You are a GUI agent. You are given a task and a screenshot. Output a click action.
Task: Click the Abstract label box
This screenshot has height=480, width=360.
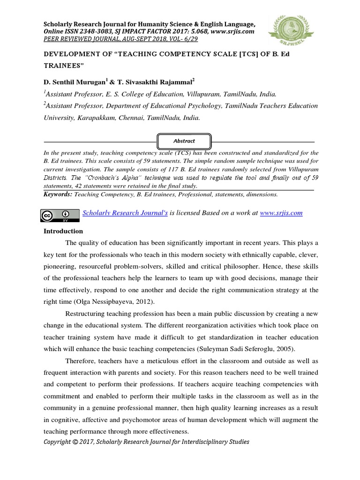pos(184,141)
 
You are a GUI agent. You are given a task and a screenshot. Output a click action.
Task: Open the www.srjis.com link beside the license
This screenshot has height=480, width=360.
pos(281,213)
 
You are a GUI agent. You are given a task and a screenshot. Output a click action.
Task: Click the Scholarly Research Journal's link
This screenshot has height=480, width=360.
pos(125,213)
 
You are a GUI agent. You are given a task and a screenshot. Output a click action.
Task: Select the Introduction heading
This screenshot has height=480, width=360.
pos(63,231)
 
